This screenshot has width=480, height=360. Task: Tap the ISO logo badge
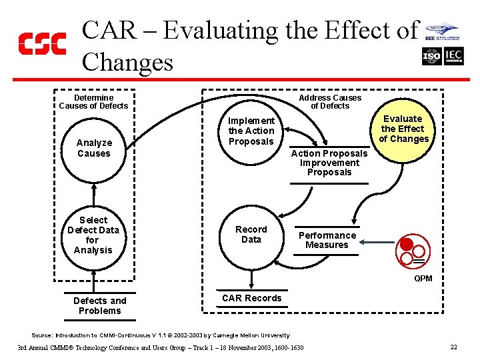coord(432,57)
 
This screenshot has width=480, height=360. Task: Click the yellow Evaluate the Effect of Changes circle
coord(403,129)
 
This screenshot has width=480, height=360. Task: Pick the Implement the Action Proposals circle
coord(251,131)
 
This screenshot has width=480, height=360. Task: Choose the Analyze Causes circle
coord(94,148)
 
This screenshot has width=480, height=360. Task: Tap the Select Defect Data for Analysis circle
coord(93,235)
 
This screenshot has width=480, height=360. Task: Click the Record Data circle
coord(251,235)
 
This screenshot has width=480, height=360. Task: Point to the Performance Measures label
coord(327,240)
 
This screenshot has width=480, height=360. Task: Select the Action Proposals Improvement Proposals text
coord(329,163)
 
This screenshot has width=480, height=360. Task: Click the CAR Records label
coord(252,298)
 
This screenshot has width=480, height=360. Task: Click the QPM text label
coord(423,278)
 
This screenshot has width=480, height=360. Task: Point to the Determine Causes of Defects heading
coord(93,101)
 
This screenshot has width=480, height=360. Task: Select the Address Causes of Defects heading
coord(330,101)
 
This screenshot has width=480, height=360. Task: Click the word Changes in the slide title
coord(127,62)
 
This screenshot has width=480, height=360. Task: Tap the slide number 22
coord(453,347)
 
